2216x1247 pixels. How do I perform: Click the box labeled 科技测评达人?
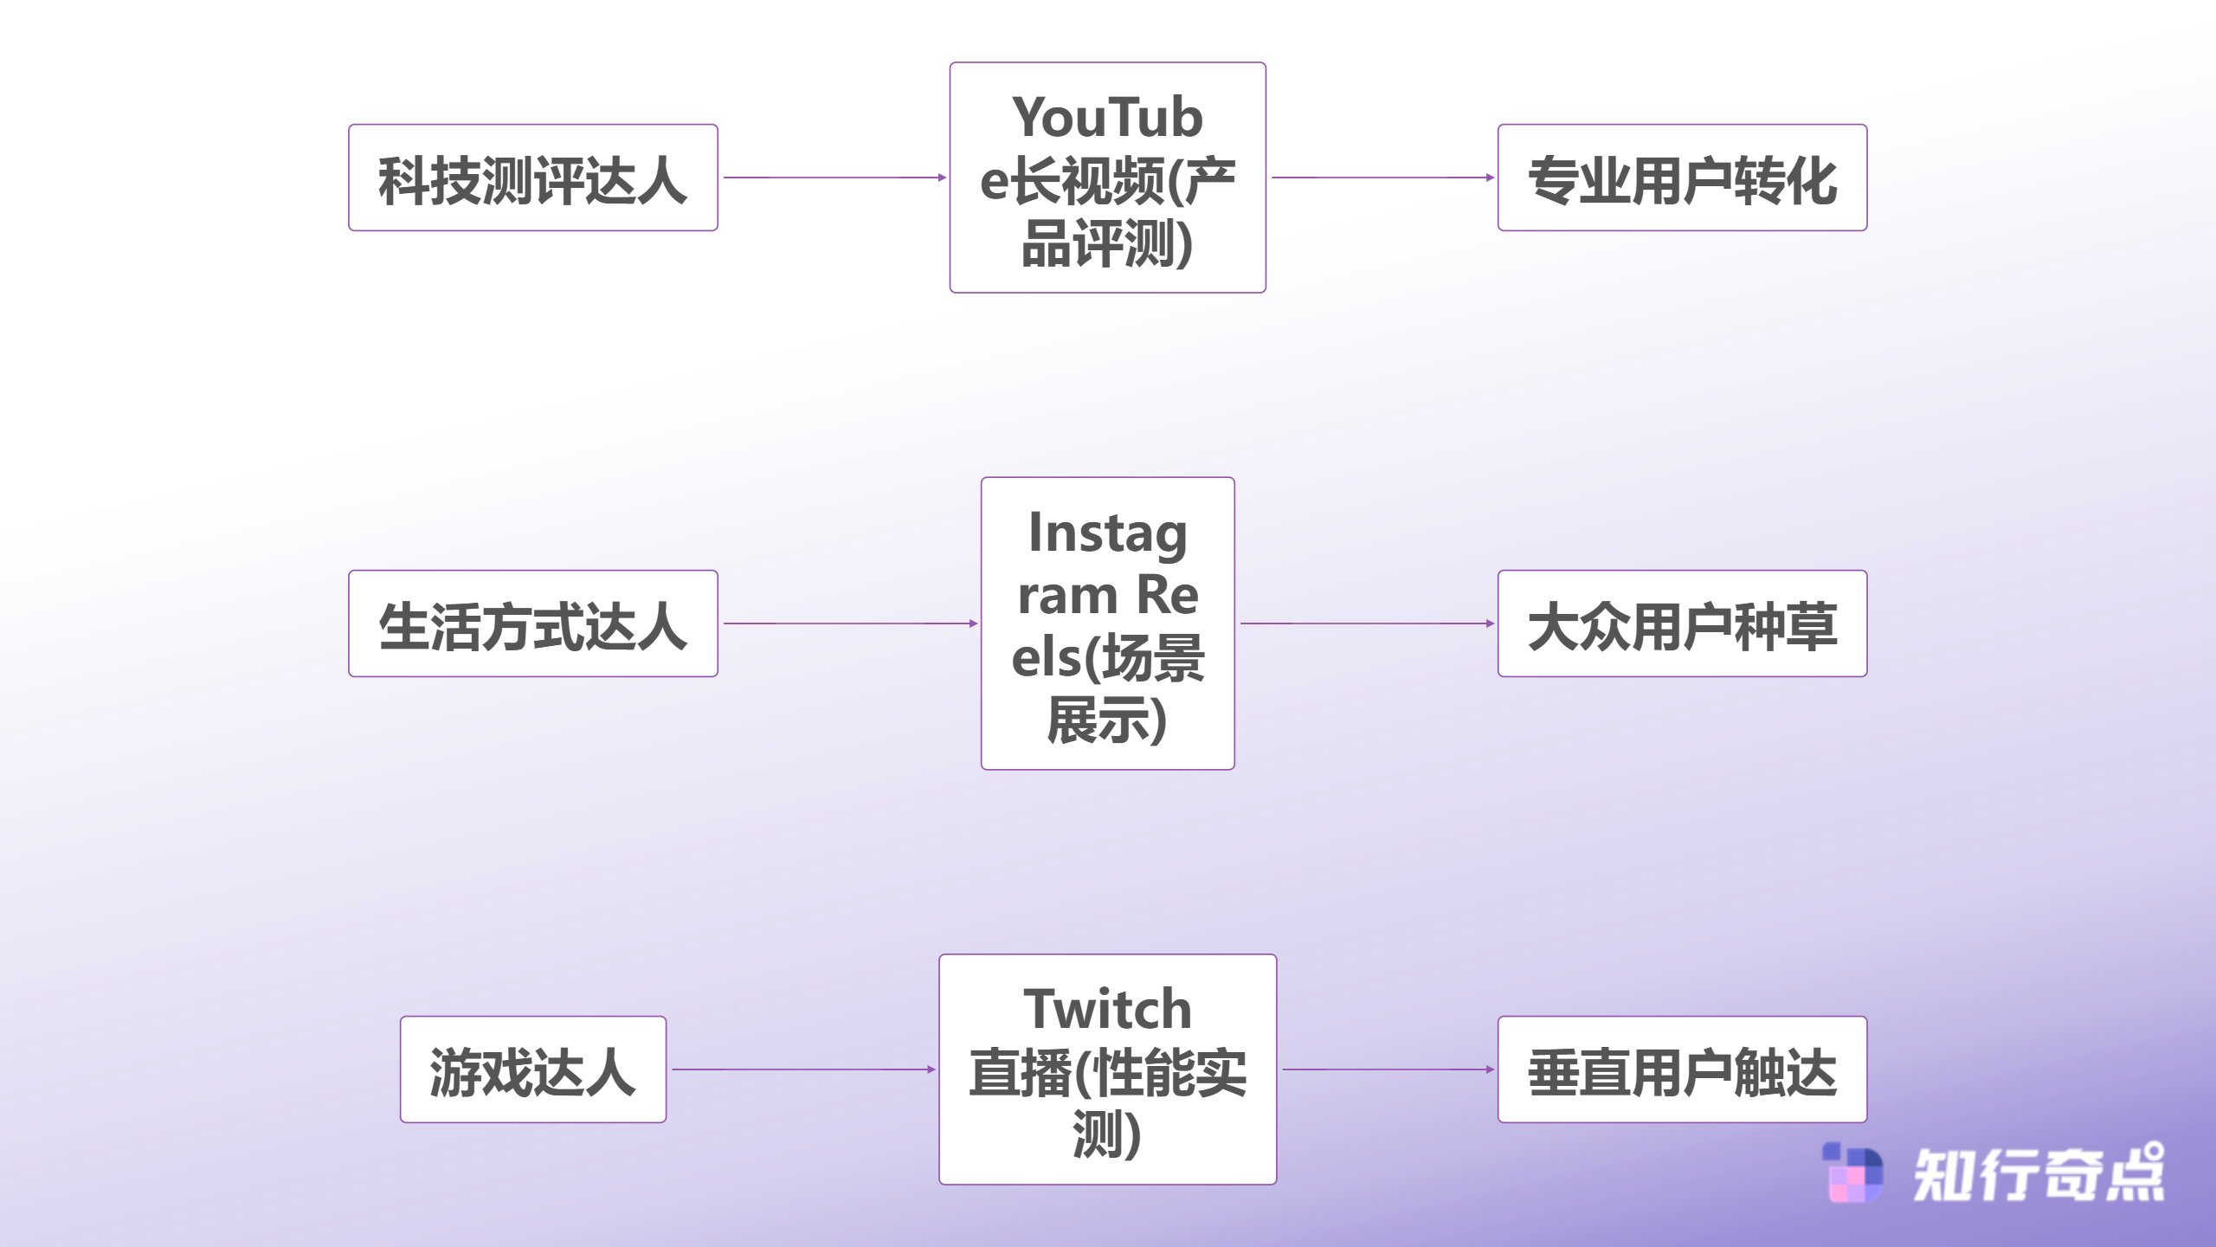coord(532,178)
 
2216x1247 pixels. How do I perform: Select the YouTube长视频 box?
coord(1107,178)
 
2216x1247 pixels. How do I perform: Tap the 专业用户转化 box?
coord(1682,178)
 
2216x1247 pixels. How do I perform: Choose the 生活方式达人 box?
coord(532,623)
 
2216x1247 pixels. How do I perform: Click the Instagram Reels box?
coord(1107,623)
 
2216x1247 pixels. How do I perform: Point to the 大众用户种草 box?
coord(1682,623)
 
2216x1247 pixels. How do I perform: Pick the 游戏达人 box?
coord(532,1069)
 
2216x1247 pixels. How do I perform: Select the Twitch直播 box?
coord(1107,1069)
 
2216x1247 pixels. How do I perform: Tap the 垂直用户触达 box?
coord(1682,1069)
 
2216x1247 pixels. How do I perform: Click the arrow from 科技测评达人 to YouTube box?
coord(834,178)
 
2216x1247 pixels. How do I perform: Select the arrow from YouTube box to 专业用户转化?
coord(1382,178)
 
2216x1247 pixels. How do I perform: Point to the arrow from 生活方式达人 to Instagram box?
coord(849,623)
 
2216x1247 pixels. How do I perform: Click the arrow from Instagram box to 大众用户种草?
coord(1366,623)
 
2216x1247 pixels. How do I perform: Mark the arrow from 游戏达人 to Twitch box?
coord(802,1069)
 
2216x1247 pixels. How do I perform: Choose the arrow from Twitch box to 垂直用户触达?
coord(1387,1069)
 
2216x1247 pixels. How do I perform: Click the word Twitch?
coord(1107,1009)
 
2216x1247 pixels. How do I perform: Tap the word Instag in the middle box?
coord(1107,533)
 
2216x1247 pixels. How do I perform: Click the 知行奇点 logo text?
coord(2039,1174)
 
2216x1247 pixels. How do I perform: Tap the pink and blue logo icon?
coord(1852,1173)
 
